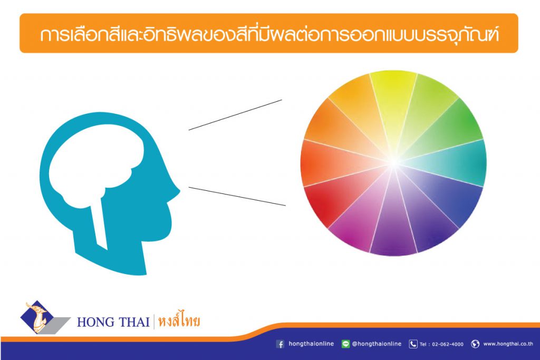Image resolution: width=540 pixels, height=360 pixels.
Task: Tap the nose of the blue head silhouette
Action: coord(176,191)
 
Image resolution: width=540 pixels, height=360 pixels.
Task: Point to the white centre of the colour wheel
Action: coord(393,162)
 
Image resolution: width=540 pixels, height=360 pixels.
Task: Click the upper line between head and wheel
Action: coord(235,115)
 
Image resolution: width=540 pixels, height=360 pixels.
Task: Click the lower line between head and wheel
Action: coord(237,196)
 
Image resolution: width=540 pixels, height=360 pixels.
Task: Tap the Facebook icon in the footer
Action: coord(281,344)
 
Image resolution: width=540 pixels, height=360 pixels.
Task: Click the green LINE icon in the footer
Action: coord(345,344)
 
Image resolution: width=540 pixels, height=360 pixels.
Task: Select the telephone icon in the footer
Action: coord(413,344)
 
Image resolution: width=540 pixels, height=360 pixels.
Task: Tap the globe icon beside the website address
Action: coord(475,344)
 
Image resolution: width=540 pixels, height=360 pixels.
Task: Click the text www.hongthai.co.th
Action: coord(508,344)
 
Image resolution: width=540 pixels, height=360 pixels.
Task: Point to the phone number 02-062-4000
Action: coord(448,344)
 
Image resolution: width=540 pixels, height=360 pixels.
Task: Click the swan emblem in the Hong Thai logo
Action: coord(38,317)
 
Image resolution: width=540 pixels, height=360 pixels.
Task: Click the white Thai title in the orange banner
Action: coord(269,34)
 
